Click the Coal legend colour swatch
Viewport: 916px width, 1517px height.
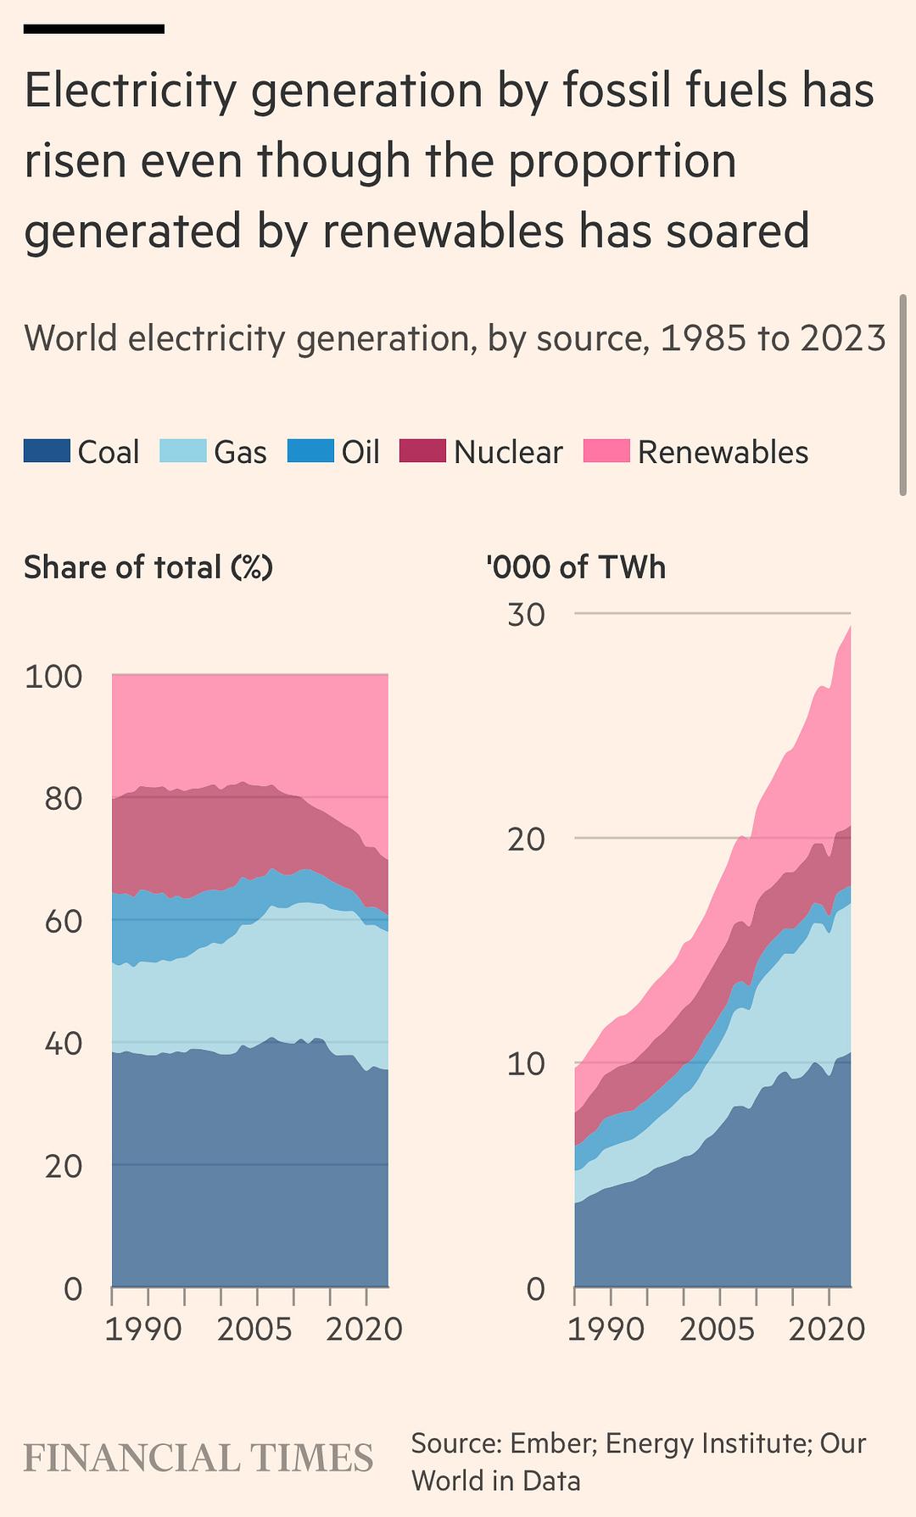(x=47, y=451)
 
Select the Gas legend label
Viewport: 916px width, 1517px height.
(x=240, y=452)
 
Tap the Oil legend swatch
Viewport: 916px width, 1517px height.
(x=310, y=451)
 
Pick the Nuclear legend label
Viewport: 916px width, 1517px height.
(x=508, y=452)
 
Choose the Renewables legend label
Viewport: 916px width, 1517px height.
(x=723, y=452)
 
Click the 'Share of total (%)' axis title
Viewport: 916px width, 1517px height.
(x=148, y=566)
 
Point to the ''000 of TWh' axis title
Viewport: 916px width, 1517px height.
(x=577, y=566)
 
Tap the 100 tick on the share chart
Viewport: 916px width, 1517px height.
(x=53, y=677)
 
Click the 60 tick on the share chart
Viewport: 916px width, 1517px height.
(x=63, y=921)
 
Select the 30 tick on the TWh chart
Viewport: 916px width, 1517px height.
(x=526, y=615)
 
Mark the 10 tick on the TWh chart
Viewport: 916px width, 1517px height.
(x=526, y=1063)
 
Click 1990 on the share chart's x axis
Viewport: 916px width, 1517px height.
(x=143, y=1328)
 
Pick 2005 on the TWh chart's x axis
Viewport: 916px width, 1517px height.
(x=717, y=1328)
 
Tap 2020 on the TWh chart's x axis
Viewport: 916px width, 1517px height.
(x=827, y=1328)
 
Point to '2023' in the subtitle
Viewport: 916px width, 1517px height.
(x=842, y=338)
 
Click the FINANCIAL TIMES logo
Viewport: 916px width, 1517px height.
(x=198, y=1458)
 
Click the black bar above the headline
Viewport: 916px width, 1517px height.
(x=93, y=29)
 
